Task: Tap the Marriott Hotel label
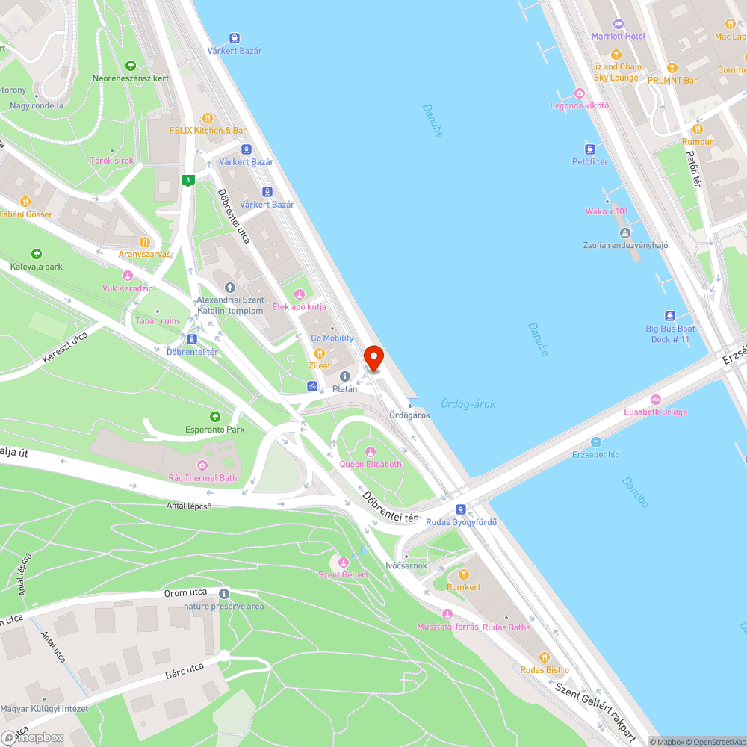click(618, 36)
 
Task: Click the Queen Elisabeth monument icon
click(371, 451)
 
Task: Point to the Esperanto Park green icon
click(215, 416)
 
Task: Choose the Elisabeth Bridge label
click(655, 412)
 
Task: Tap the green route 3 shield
click(188, 179)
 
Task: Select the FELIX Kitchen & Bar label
click(208, 130)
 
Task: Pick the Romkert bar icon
click(463, 574)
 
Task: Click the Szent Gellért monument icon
click(344, 562)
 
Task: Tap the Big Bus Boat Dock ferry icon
click(670, 316)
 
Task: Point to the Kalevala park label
click(37, 267)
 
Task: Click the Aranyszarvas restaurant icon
click(145, 241)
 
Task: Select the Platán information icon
click(345, 376)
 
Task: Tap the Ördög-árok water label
click(468, 404)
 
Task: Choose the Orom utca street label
click(185, 593)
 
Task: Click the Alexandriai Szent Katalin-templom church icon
click(229, 287)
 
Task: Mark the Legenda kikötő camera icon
click(579, 93)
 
